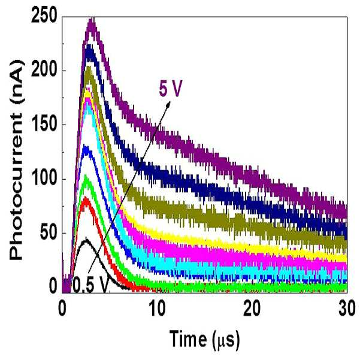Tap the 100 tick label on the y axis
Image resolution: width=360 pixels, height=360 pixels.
point(44,179)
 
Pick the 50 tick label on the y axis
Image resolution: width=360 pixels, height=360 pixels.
point(48,232)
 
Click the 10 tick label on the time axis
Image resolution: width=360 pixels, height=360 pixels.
point(157,309)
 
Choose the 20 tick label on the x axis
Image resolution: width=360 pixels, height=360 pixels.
point(252,309)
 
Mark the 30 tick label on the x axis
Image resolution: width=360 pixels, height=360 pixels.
point(347,309)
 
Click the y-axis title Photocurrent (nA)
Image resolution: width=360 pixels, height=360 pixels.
point(17,159)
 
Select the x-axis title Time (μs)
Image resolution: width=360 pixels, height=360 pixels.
point(205,340)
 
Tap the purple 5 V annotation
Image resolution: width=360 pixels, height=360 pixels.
point(170,88)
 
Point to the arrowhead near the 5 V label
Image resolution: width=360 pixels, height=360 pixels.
point(168,104)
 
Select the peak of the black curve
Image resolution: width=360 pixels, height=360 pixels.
point(86,238)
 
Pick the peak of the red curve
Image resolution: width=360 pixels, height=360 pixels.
point(86,198)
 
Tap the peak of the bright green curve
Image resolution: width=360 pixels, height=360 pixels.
point(86,176)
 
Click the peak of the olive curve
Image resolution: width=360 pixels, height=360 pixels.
point(89,67)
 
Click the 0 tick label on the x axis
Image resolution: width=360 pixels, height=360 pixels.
point(62,309)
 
